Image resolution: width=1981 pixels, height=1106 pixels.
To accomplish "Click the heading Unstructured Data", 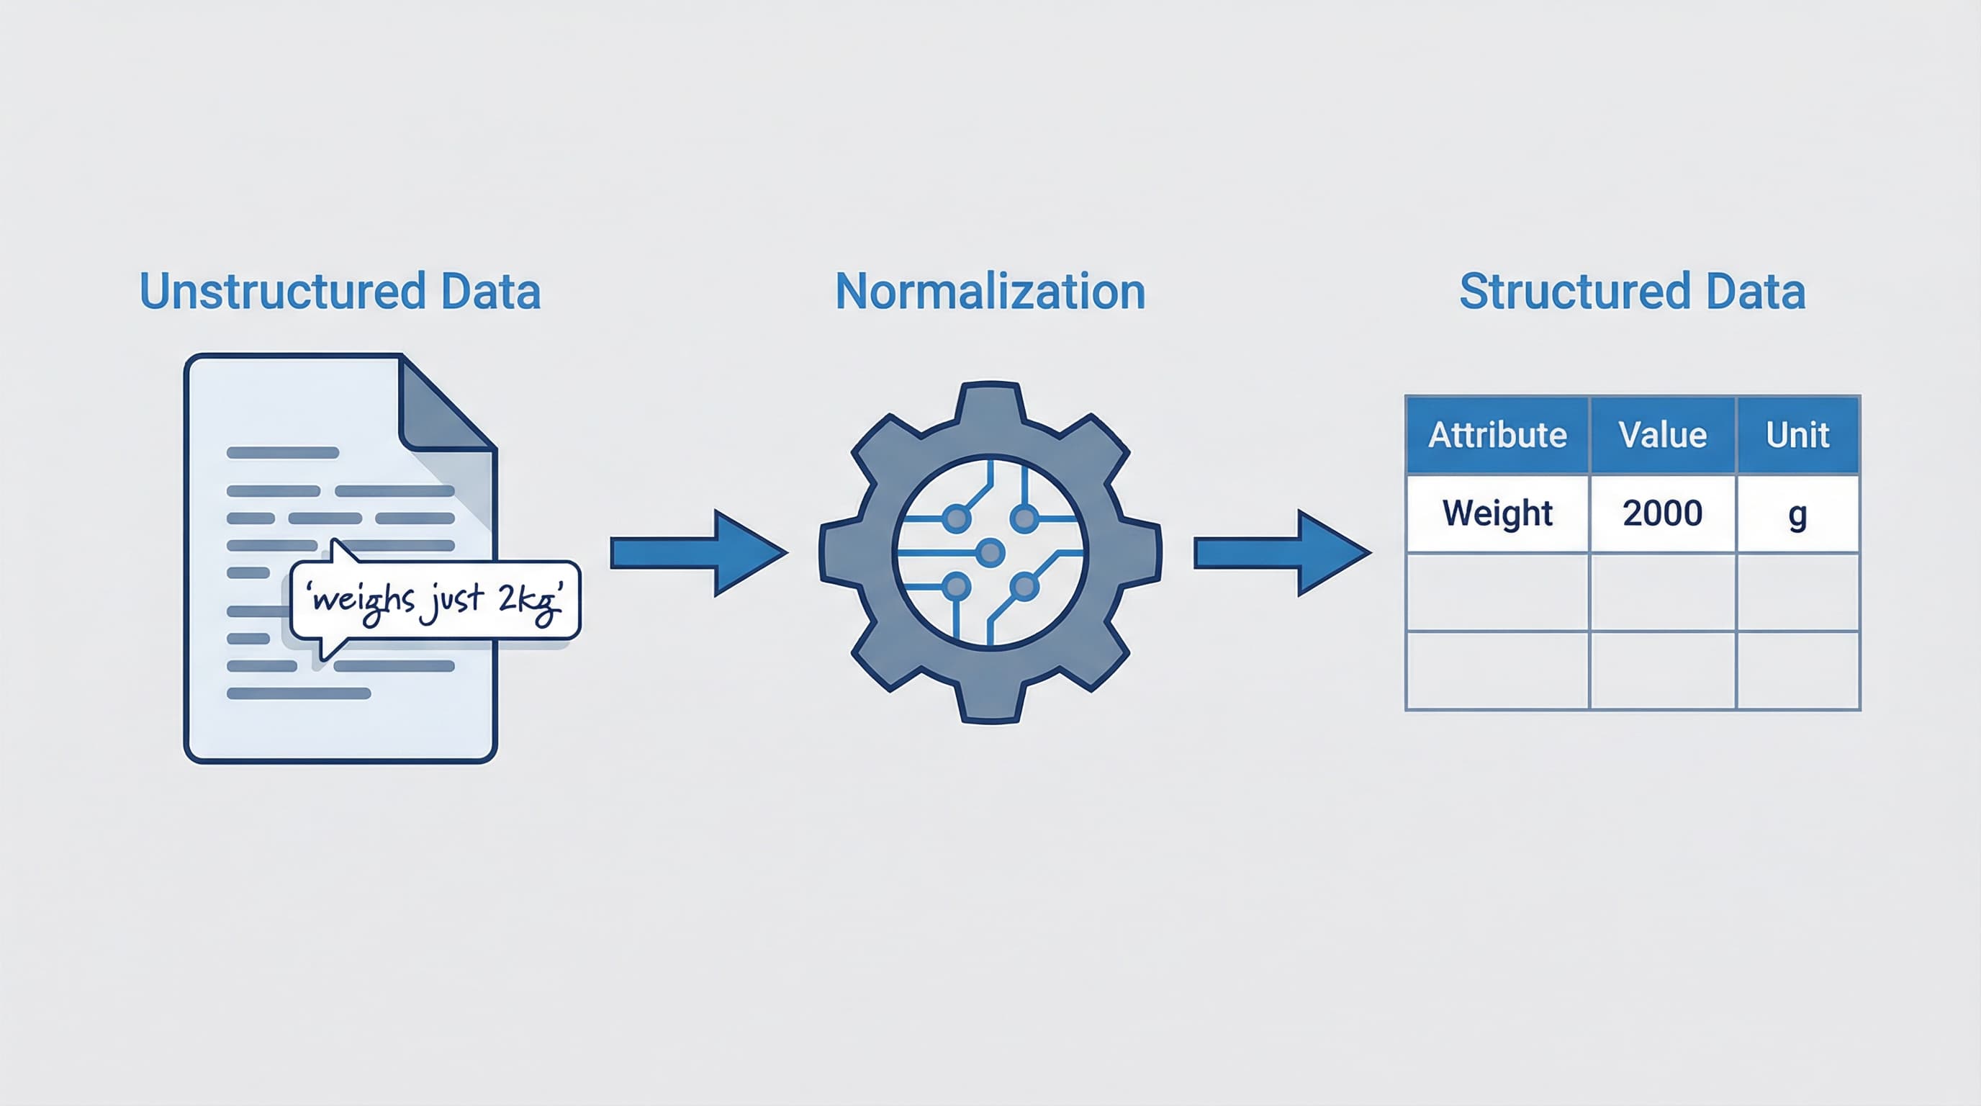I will point(340,292).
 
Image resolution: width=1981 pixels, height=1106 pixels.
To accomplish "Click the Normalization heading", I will point(990,292).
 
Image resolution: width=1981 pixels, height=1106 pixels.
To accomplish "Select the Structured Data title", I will point(1632,292).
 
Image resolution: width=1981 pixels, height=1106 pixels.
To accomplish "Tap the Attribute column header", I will point(1497,436).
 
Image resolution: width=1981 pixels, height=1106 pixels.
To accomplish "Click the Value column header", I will point(1663,436).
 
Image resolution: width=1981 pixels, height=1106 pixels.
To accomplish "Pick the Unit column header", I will point(1797,436).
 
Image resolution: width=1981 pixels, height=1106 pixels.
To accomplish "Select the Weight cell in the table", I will point(1497,513).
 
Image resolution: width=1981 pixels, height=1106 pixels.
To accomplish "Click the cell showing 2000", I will point(1663,513).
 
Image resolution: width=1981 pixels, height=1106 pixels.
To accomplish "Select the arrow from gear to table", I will point(1281,552).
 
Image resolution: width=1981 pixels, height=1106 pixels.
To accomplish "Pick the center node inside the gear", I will point(990,552).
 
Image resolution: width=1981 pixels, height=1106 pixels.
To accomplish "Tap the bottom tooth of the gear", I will point(990,703).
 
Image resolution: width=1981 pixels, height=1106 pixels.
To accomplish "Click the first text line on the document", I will point(282,452).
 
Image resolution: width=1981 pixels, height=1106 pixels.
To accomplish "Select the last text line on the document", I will point(299,693).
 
